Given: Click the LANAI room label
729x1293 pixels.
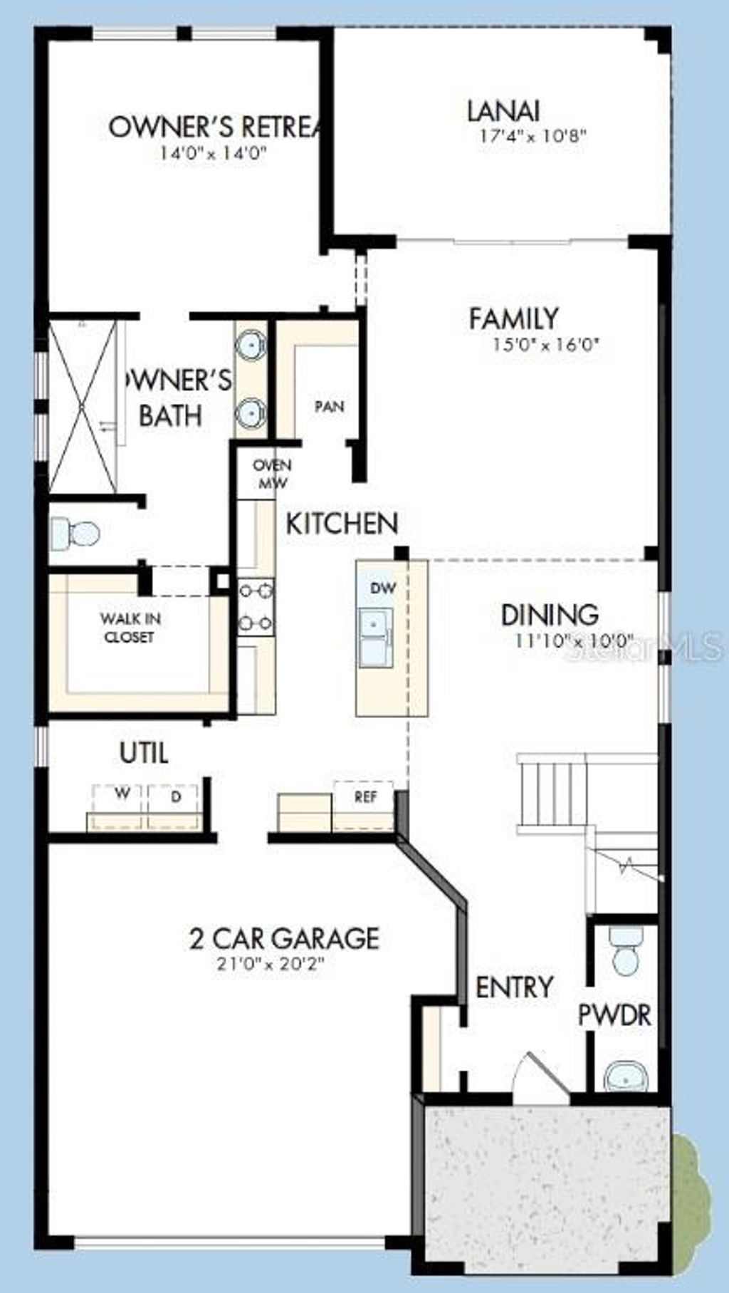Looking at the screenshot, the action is click(503, 111).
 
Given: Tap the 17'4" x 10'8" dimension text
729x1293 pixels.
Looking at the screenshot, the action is click(533, 136).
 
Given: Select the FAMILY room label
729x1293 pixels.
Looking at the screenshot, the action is click(513, 318).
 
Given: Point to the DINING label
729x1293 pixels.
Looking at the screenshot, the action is click(550, 615).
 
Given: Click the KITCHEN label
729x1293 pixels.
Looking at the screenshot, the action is click(342, 524).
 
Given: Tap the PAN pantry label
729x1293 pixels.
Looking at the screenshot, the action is click(330, 407).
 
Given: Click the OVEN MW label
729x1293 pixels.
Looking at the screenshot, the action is click(273, 474).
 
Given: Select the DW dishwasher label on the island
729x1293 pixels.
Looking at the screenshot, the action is click(384, 588).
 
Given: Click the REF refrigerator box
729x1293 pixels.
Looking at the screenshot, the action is click(364, 806).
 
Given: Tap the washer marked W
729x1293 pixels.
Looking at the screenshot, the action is click(118, 806).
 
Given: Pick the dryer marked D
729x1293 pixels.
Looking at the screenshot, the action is click(174, 806).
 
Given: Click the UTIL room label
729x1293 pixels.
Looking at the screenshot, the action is click(144, 753).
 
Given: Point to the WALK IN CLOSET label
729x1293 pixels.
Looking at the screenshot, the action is click(130, 628).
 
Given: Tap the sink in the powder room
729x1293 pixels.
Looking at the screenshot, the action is click(626, 1077).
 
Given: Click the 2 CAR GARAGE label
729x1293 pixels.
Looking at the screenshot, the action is click(284, 938).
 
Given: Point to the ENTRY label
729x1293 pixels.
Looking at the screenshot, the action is click(514, 987).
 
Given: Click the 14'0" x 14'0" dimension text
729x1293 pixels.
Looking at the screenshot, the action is click(214, 153).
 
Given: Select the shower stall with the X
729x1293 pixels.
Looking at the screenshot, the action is click(83, 405).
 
